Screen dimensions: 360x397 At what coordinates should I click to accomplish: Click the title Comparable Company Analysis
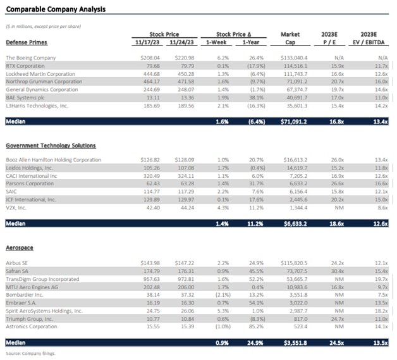pyautogui.click(x=56, y=9)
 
